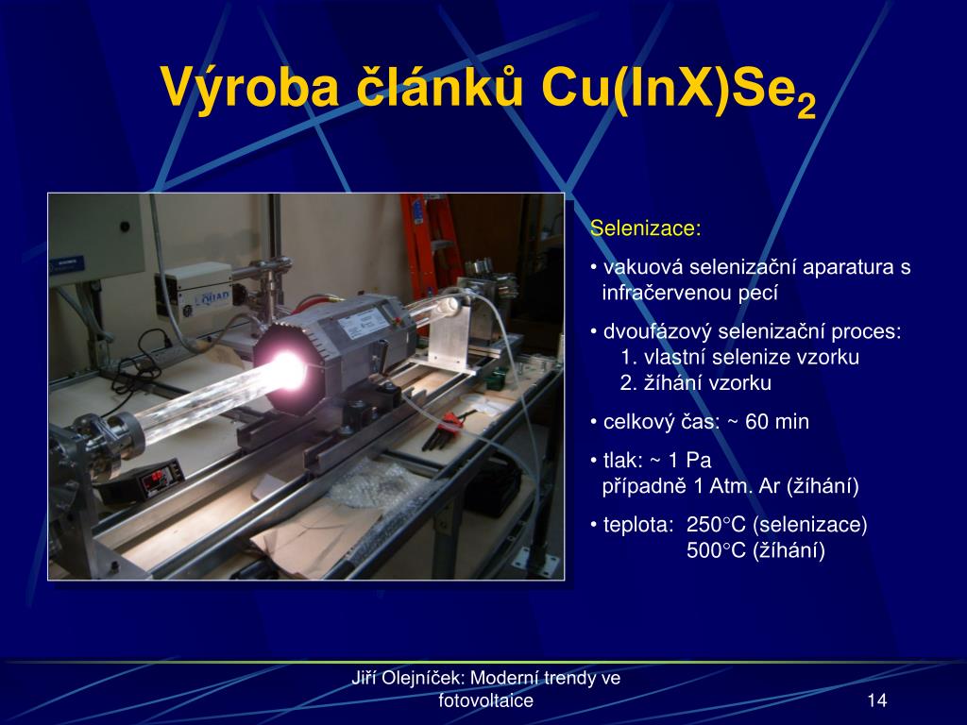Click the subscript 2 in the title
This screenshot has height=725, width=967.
(806, 107)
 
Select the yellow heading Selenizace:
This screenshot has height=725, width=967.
(646, 228)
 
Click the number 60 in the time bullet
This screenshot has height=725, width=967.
(756, 422)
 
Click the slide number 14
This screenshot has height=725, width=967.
(876, 700)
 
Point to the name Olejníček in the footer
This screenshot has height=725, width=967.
(424, 678)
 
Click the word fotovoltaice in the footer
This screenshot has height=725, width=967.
(486, 700)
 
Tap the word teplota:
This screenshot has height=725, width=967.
(638, 525)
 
